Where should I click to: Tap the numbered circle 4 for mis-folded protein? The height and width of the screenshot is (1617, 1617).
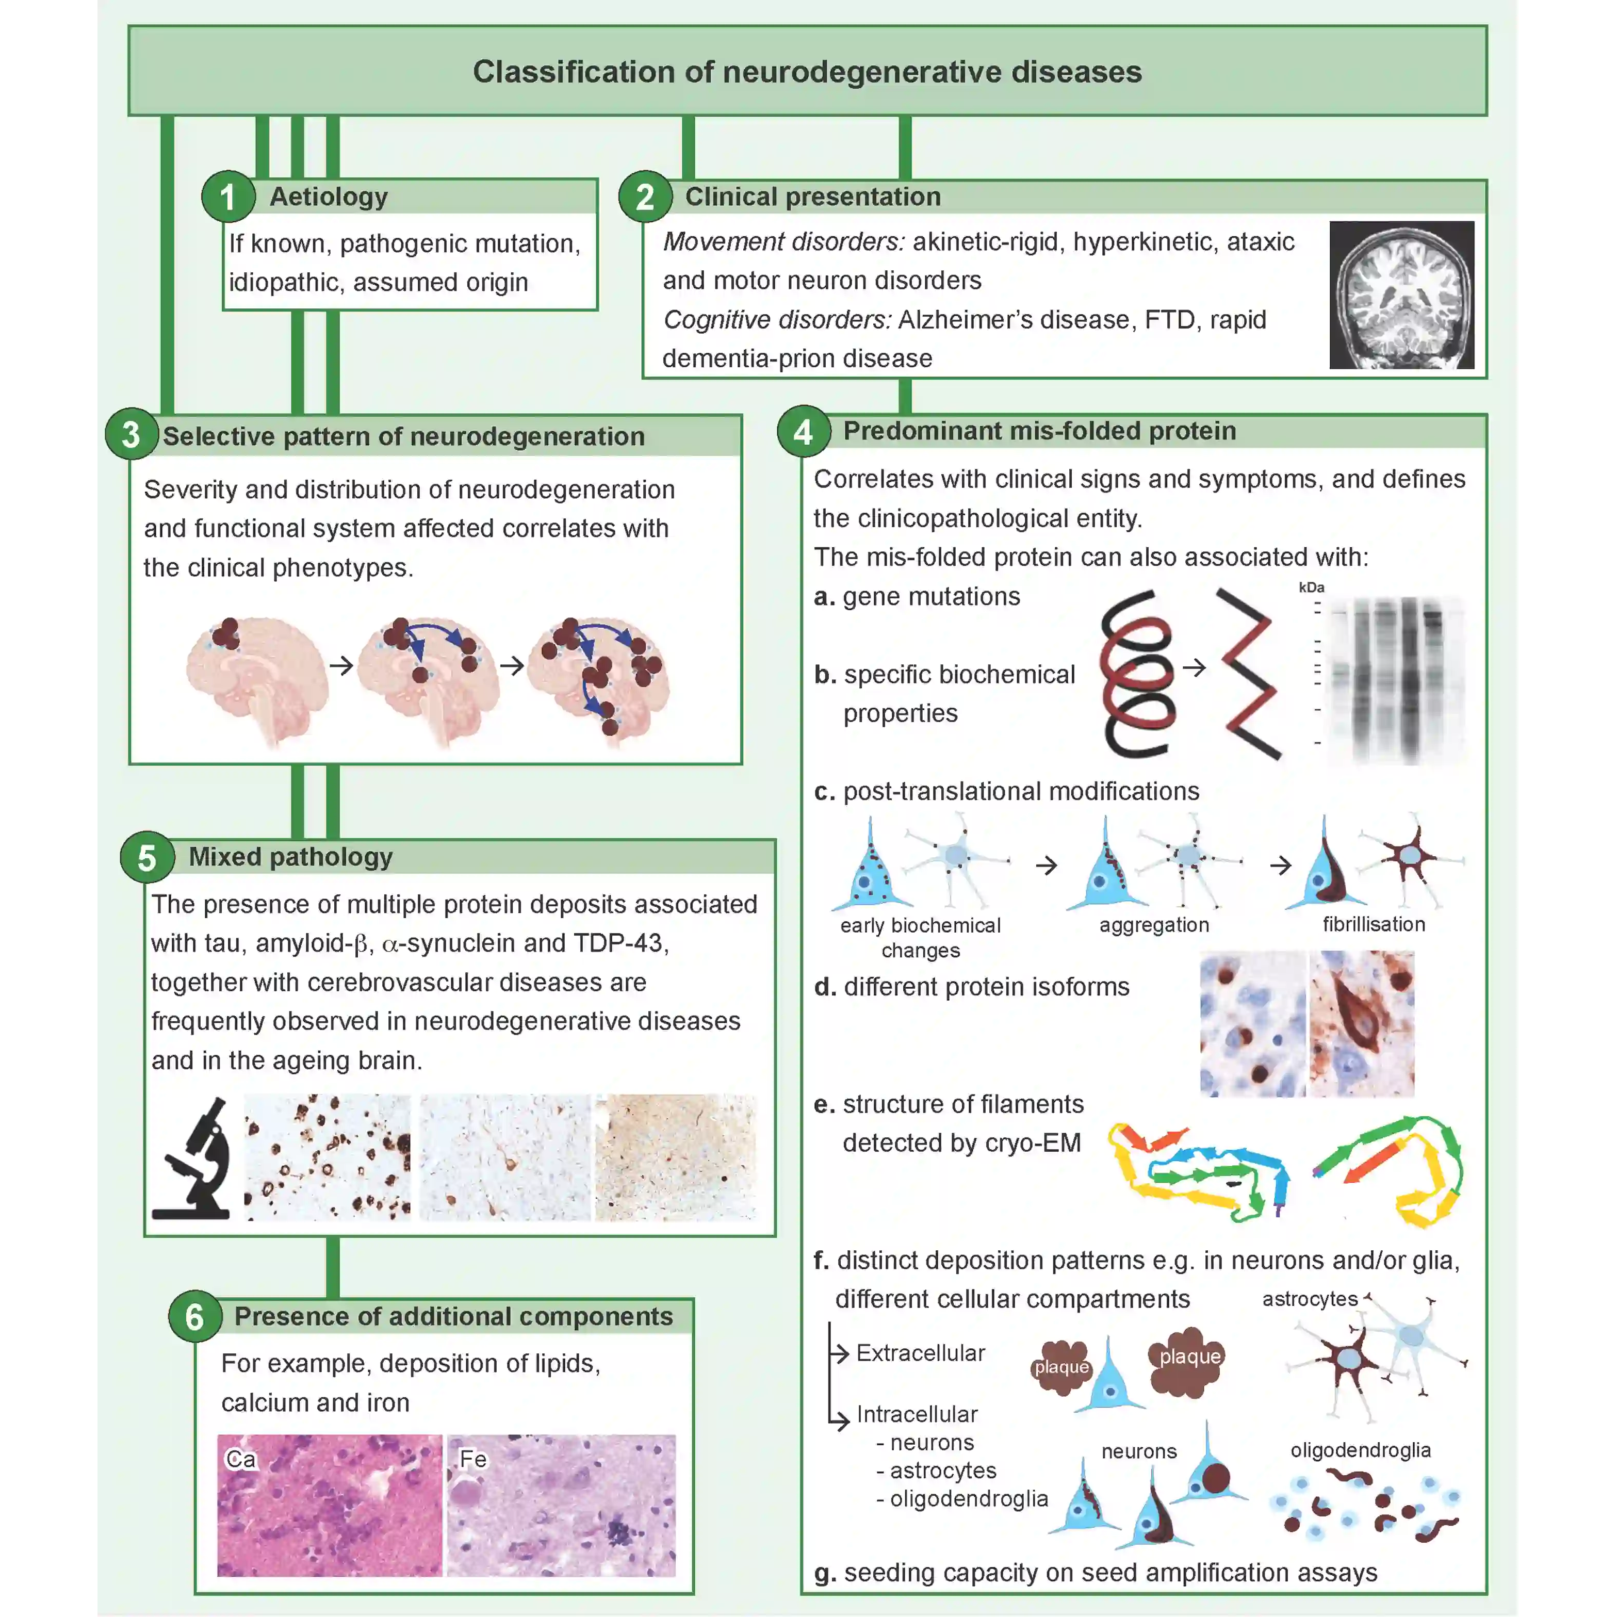[x=804, y=432]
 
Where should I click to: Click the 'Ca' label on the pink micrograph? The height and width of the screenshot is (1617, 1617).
[x=240, y=1459]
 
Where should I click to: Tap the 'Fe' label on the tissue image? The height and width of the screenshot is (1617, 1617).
[x=473, y=1459]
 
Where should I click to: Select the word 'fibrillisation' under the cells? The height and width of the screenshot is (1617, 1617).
[x=1374, y=924]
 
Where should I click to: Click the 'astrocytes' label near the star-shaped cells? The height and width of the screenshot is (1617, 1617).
[x=1309, y=1299]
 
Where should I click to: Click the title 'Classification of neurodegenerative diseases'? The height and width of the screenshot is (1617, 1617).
[x=807, y=72]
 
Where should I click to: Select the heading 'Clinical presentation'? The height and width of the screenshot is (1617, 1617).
[x=813, y=197]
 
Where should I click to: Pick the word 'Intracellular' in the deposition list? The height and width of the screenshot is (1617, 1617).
[x=917, y=1414]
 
